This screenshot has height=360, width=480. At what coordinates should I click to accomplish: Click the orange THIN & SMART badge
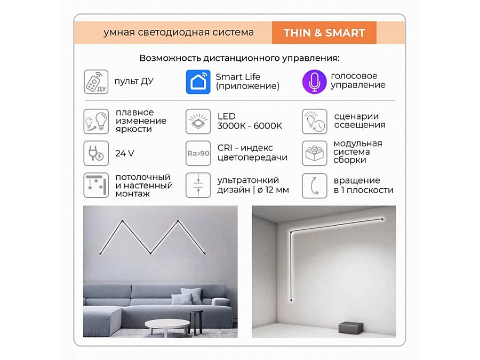click(x=324, y=33)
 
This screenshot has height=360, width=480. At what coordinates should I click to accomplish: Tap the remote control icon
click(x=96, y=82)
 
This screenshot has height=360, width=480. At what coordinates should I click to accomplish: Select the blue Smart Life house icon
click(x=198, y=82)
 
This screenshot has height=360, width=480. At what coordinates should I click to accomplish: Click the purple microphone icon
click(x=314, y=82)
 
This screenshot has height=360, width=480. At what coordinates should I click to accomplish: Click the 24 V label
click(x=125, y=154)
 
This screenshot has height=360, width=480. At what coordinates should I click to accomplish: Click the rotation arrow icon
click(x=314, y=186)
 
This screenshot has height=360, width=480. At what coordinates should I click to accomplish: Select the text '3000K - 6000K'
click(x=250, y=126)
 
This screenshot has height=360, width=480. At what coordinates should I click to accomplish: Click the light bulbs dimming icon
click(x=96, y=121)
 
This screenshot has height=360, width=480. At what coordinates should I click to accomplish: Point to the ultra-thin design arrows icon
click(x=198, y=186)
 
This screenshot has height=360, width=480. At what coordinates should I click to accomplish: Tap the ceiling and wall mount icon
click(x=96, y=186)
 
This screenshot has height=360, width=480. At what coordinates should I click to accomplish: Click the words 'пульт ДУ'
click(x=134, y=82)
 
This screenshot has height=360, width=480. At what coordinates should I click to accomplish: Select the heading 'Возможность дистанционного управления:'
click(x=239, y=58)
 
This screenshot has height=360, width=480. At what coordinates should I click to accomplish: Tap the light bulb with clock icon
click(x=314, y=121)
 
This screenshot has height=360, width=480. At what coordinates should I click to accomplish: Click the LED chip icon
click(x=198, y=121)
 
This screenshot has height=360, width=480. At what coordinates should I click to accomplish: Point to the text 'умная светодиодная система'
click(x=179, y=33)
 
